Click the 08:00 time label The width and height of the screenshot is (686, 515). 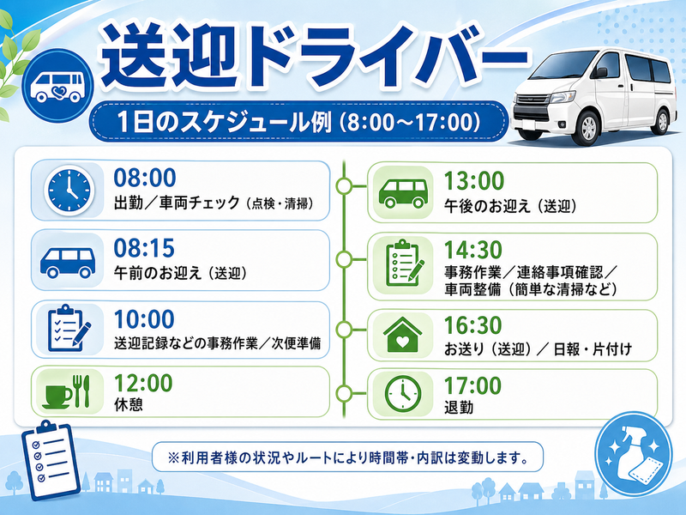(145, 178)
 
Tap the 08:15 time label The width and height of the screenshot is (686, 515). (144, 248)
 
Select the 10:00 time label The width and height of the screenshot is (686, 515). (144, 318)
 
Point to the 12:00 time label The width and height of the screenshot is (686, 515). (143, 383)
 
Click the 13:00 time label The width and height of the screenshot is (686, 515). (474, 181)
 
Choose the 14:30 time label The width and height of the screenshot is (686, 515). (473, 250)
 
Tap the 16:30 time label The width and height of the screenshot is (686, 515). (473, 325)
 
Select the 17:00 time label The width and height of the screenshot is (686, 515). (472, 385)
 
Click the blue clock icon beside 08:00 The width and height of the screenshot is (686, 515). (69, 190)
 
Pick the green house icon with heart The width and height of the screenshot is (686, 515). (402, 335)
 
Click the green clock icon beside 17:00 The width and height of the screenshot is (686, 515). (403, 394)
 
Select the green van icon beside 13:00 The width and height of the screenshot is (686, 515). (403, 192)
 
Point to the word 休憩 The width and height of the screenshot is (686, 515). (129, 404)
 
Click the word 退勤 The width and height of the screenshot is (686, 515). (459, 407)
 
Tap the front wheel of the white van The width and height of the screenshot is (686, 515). (588, 128)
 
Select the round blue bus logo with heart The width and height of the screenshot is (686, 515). (58, 86)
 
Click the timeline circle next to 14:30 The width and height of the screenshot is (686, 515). (345, 259)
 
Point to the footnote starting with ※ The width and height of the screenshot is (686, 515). (348, 457)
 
